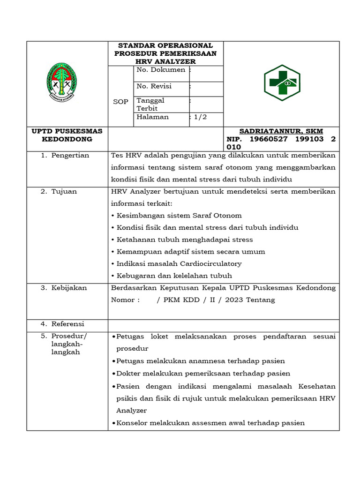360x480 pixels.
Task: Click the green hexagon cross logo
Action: (x=282, y=83)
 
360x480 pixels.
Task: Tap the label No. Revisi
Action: (x=154, y=86)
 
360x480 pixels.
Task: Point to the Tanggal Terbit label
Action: (x=150, y=104)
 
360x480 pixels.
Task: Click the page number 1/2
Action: (x=199, y=117)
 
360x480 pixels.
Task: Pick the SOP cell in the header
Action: (x=120, y=102)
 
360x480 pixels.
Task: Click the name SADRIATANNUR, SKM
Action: (x=281, y=131)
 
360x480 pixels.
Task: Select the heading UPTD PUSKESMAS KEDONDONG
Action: (x=67, y=135)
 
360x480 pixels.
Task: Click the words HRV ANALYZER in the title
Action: (x=165, y=61)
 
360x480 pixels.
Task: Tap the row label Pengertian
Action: (x=70, y=155)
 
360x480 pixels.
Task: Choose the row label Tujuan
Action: (x=64, y=191)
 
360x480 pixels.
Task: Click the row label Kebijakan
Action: (x=69, y=288)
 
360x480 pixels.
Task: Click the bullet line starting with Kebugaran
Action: (x=172, y=276)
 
